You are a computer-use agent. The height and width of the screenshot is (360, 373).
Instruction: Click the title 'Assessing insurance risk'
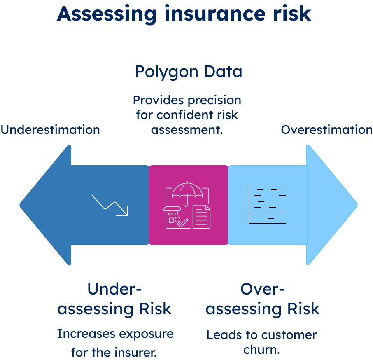(x=184, y=14)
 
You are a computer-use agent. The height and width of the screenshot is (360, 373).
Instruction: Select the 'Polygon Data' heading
(x=189, y=72)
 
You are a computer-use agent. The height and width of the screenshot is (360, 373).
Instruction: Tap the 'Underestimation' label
(x=50, y=130)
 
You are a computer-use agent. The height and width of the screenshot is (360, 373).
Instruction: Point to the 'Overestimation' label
(x=326, y=130)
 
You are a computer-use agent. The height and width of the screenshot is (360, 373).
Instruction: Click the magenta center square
(x=189, y=205)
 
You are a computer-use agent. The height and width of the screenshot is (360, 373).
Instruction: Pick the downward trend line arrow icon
(x=110, y=205)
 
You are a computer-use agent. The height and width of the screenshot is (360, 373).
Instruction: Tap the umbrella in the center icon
(x=187, y=193)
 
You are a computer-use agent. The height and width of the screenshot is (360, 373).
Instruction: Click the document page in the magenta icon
(x=201, y=217)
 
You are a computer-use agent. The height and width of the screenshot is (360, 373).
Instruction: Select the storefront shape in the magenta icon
(x=175, y=217)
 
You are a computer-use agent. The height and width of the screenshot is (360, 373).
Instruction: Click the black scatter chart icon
(x=267, y=205)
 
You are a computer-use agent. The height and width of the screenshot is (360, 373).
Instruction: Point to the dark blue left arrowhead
(x=45, y=205)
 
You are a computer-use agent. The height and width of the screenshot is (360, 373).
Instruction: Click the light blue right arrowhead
(x=331, y=205)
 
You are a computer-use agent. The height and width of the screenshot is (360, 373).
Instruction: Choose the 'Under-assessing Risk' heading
(x=114, y=299)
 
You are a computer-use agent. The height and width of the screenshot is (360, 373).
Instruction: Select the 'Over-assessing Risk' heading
(x=263, y=299)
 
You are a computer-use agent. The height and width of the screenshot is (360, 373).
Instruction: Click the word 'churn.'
(x=262, y=350)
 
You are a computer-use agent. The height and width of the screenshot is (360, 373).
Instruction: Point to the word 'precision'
(x=214, y=101)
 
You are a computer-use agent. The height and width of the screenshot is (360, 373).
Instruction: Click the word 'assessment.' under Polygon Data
(x=187, y=130)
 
